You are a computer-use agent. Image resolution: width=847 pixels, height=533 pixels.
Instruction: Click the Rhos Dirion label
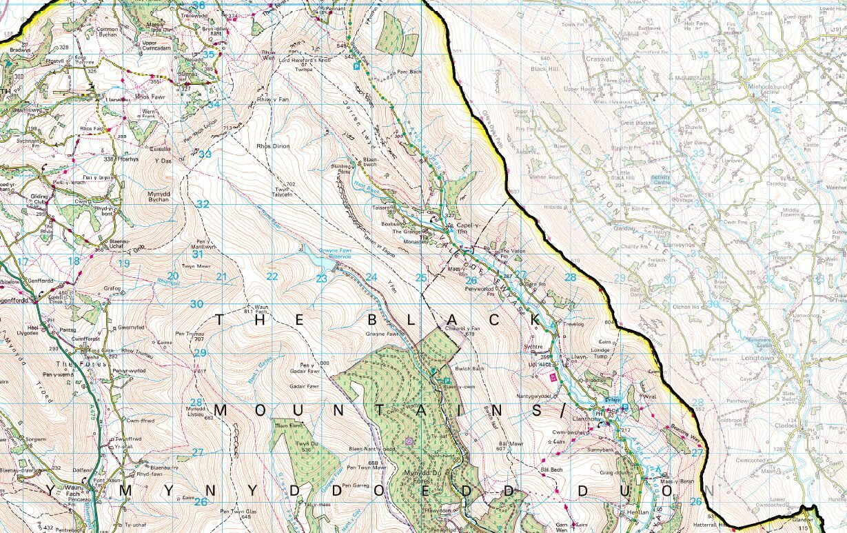272,147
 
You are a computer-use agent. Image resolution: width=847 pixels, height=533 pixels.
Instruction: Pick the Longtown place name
757,359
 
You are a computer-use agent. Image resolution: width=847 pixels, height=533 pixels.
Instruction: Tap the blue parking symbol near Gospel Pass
356,66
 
